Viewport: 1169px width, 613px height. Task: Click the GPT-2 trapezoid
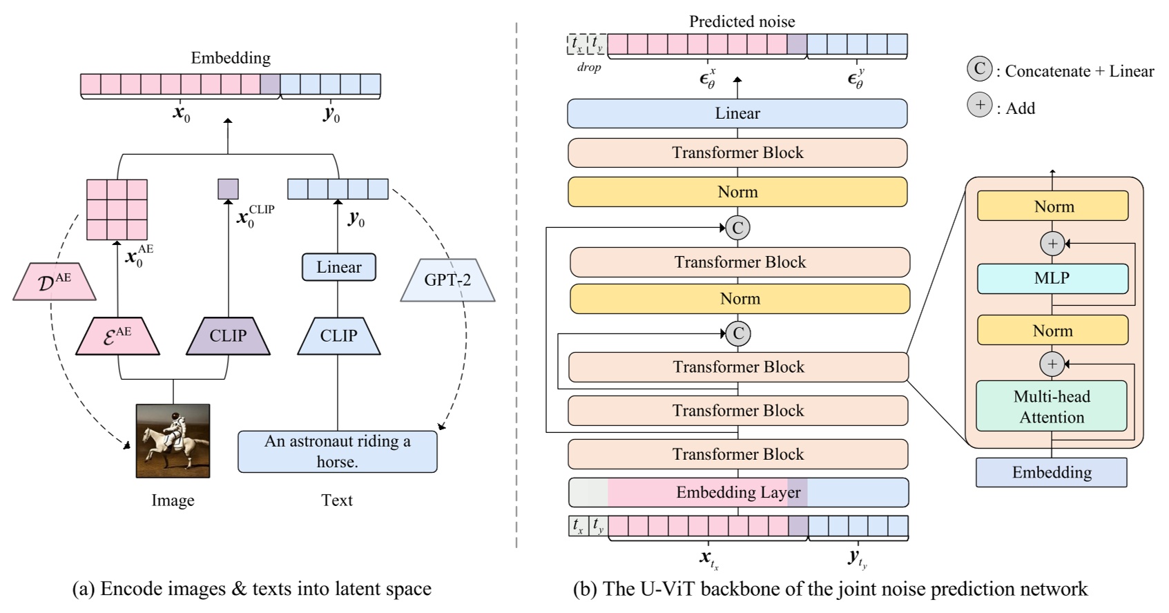click(447, 280)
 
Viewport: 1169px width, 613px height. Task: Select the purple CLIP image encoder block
click(228, 336)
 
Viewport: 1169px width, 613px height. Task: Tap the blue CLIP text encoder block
click(338, 336)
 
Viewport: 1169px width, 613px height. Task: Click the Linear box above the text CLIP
click(338, 267)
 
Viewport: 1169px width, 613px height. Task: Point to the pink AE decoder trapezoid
click(54, 282)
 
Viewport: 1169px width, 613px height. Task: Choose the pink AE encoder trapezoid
click(117, 336)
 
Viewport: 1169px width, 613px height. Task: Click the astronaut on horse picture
click(173, 441)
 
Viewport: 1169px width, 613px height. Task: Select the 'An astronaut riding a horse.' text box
click(337, 451)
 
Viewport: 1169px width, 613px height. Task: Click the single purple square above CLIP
click(228, 189)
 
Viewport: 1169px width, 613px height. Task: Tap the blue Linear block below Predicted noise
click(737, 113)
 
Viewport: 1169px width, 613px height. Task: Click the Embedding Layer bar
click(737, 492)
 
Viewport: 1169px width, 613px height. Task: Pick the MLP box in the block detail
click(1052, 278)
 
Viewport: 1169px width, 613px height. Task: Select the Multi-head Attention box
click(1051, 407)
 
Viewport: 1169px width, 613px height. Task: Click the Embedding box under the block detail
click(1051, 472)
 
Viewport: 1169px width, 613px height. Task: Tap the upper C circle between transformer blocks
click(737, 228)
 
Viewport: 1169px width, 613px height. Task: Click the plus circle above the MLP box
click(1052, 243)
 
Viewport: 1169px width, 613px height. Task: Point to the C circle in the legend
click(978, 69)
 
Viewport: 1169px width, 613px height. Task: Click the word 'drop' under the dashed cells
click(588, 68)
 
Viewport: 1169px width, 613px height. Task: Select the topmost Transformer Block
click(737, 153)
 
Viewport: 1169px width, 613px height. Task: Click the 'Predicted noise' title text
click(742, 21)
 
